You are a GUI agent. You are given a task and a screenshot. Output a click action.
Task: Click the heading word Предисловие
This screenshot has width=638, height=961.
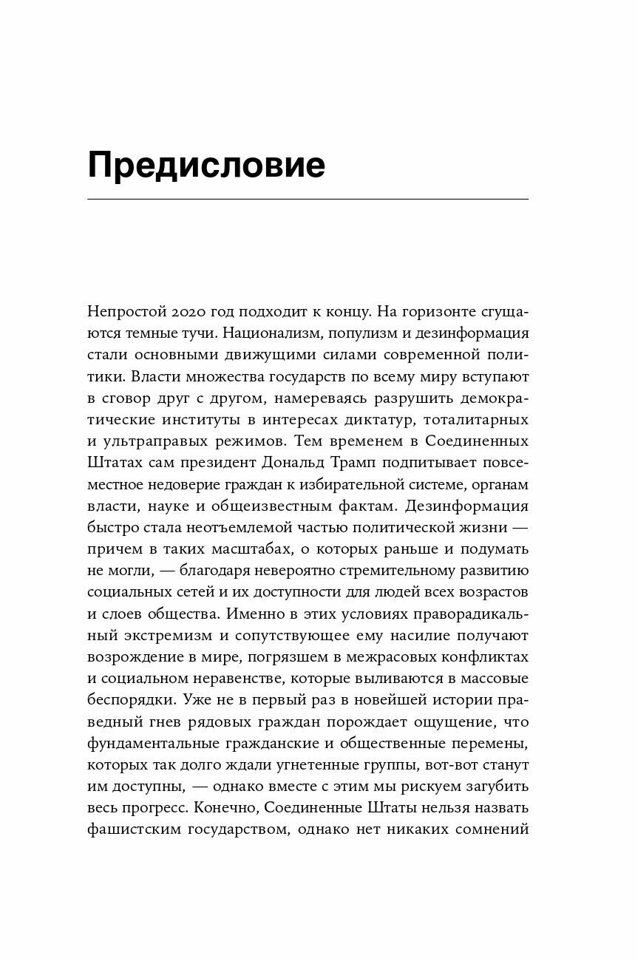(206, 166)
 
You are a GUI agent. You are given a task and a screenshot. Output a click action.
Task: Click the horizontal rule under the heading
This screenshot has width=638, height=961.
(308, 200)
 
